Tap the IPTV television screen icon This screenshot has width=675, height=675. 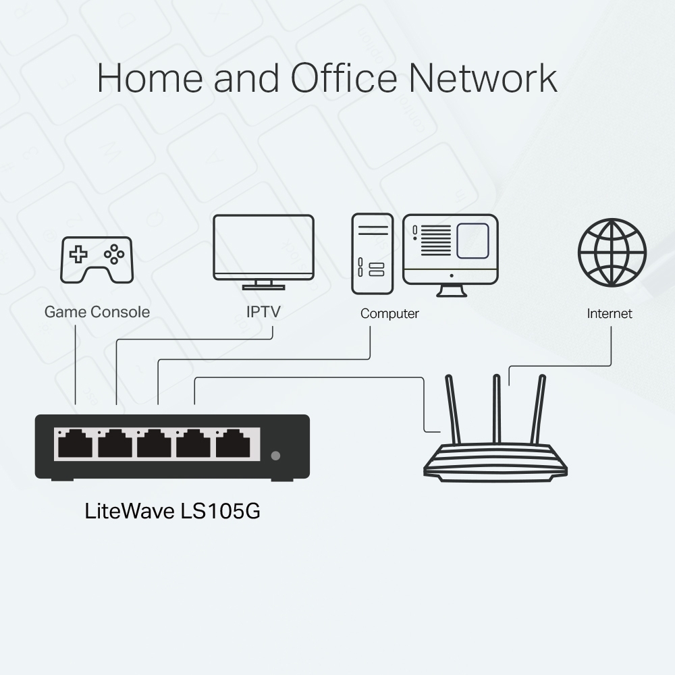[263, 247]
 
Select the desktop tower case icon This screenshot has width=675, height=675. [372, 254]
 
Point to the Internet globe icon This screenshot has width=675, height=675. [612, 252]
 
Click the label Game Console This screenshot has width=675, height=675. [97, 312]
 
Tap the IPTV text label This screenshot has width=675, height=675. [263, 312]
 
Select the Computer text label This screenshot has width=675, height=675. [389, 314]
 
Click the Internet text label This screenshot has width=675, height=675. [610, 314]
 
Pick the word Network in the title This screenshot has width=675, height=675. [483, 78]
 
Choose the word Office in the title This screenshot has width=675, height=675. [344, 78]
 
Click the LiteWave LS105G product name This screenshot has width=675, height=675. [172, 511]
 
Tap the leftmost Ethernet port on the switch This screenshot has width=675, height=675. [75, 446]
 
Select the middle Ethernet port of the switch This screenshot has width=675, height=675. [154, 446]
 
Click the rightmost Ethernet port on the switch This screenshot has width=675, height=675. [233, 446]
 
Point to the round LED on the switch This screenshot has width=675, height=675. [275, 456]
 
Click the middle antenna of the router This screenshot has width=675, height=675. [497, 409]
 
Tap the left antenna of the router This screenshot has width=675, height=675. [453, 409]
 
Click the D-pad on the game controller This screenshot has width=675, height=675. [80, 254]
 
